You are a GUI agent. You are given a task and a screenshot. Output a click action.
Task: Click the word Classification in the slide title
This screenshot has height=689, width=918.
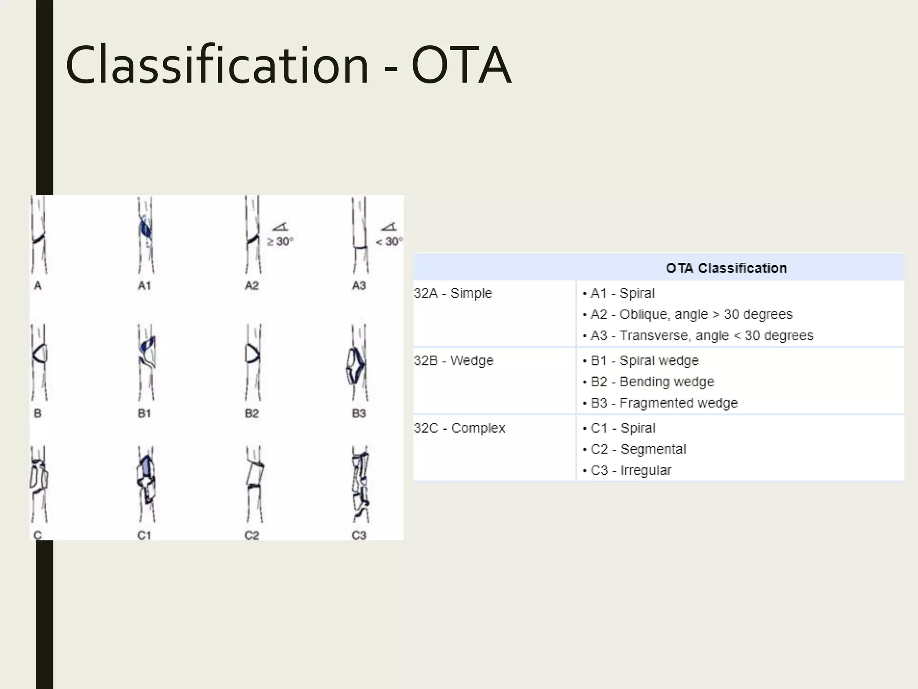pos(217,65)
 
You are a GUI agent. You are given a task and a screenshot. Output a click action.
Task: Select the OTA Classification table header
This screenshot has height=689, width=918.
pos(726,268)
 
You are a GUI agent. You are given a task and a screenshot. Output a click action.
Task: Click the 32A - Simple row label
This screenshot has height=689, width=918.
pos(453,293)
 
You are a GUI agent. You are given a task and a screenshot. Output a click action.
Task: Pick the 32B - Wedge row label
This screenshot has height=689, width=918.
pos(454,361)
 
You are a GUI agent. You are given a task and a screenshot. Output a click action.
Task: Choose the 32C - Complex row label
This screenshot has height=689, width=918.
pos(459,428)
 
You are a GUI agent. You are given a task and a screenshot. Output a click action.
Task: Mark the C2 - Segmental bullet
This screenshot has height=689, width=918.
pos(638,449)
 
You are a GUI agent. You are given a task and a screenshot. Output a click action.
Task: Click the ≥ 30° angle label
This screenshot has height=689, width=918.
pos(281,241)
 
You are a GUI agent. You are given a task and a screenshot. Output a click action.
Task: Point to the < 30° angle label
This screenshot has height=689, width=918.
pos(389,241)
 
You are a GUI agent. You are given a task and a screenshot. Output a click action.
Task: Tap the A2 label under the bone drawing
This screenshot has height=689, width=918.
pos(251,286)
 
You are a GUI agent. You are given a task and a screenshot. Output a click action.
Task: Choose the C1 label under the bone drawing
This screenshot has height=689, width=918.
pos(144,535)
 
